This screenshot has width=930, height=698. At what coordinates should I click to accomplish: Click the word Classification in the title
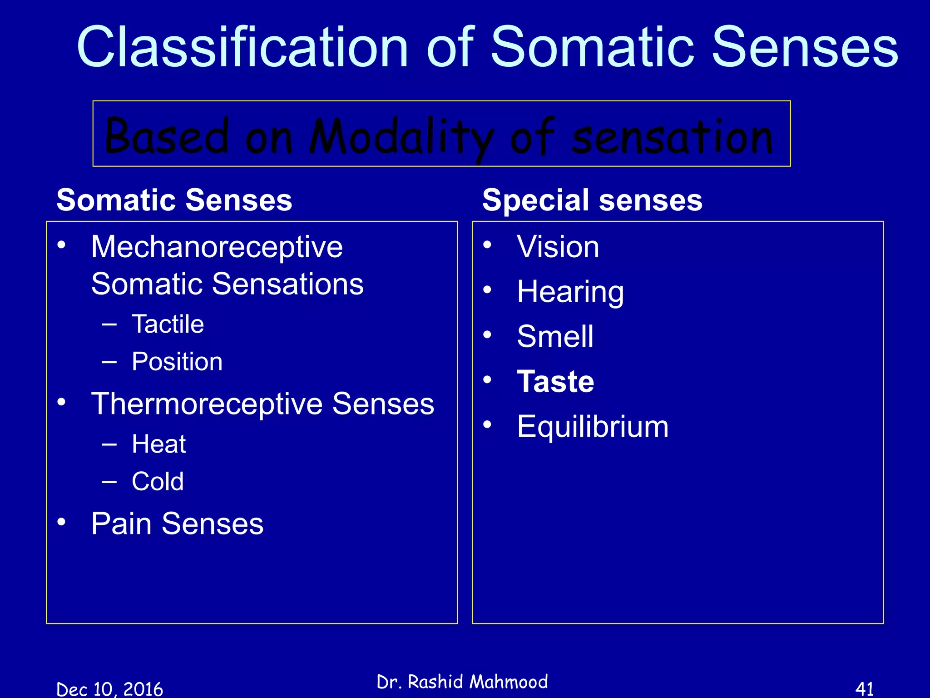pyautogui.click(x=243, y=47)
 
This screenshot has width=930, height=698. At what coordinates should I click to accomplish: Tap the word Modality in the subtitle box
pyautogui.click(x=402, y=136)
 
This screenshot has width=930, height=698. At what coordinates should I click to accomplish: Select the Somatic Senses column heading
pyautogui.click(x=174, y=200)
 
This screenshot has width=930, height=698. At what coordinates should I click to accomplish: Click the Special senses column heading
pyautogui.click(x=592, y=200)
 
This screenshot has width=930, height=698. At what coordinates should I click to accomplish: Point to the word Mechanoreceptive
pyautogui.click(x=217, y=247)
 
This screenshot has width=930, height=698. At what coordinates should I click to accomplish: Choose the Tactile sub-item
pyautogui.click(x=168, y=324)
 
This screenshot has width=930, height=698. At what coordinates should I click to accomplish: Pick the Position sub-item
pyautogui.click(x=177, y=362)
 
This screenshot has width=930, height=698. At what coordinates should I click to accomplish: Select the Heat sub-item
pyautogui.click(x=158, y=444)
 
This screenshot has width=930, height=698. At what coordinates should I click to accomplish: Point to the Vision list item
pyautogui.click(x=558, y=247)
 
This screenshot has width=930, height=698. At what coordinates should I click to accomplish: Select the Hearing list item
pyautogui.click(x=570, y=292)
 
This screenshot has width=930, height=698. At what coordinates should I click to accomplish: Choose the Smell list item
pyautogui.click(x=555, y=337)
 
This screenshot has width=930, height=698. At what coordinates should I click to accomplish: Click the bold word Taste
pyautogui.click(x=555, y=382)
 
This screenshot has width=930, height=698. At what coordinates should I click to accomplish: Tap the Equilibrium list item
pyautogui.click(x=593, y=427)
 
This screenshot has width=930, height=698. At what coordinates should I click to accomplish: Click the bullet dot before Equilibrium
pyautogui.click(x=487, y=424)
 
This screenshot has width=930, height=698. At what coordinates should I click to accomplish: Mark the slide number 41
pyautogui.click(x=864, y=689)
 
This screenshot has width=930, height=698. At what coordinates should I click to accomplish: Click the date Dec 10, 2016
pyautogui.click(x=109, y=689)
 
